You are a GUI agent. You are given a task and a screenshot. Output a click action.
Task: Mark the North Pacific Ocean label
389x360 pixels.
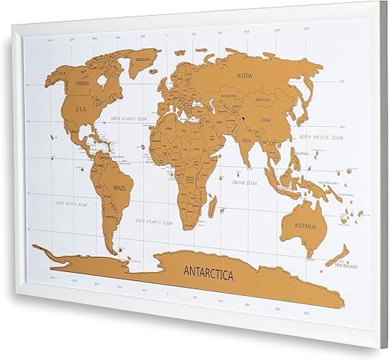[x=322, y=138]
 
